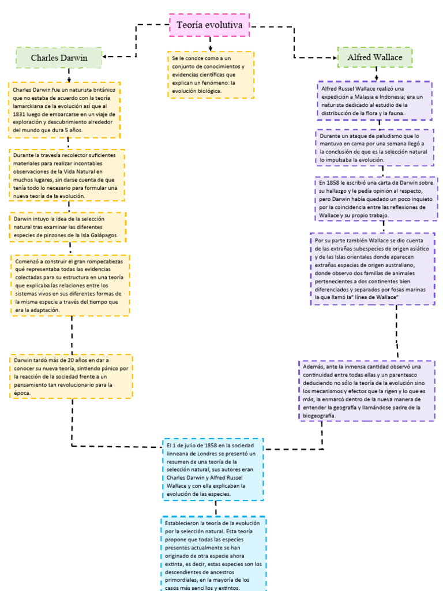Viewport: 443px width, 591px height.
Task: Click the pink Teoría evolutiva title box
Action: [x=210, y=25]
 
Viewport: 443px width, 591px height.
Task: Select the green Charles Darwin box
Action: [x=59, y=58]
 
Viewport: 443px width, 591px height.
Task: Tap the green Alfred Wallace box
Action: [x=375, y=58]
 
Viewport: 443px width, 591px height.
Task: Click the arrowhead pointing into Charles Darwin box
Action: [x=106, y=57]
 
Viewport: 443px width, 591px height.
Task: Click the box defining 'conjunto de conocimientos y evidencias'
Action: [x=211, y=75]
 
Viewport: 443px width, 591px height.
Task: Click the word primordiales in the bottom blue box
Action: [x=181, y=579]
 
